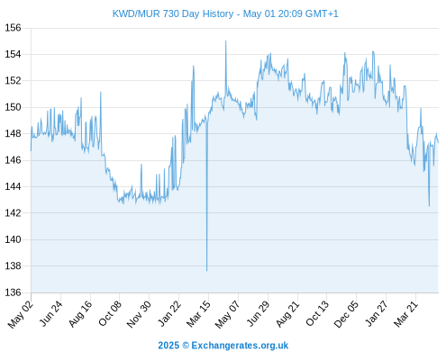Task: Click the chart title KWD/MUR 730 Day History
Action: click(173, 13)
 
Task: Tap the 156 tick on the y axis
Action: click(13, 28)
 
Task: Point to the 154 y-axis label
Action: click(13, 54)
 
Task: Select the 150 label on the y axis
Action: click(13, 107)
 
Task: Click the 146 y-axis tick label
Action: click(13, 160)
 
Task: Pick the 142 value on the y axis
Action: click(13, 212)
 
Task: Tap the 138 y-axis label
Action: click(13, 265)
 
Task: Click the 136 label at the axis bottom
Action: click(13, 292)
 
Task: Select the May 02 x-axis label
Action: click(20, 314)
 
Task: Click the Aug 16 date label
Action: click(80, 314)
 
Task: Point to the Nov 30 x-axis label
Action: click(139, 314)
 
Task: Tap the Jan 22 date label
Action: click(169, 314)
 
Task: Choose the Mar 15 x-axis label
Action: click(198, 314)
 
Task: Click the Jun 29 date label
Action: click(258, 314)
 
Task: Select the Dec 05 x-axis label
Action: click(346, 314)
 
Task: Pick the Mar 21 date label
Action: click(405, 314)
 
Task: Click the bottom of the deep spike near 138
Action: click(206, 271)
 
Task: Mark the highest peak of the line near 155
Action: click(226, 41)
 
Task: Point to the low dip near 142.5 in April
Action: click(429, 206)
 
